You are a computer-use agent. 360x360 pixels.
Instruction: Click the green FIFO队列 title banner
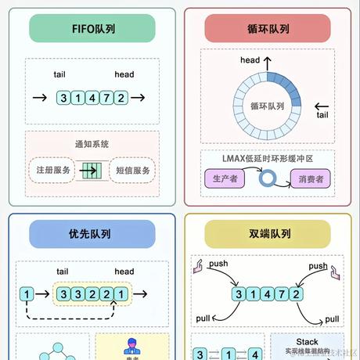click(x=92, y=29)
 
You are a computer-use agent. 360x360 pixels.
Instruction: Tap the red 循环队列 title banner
click(x=268, y=29)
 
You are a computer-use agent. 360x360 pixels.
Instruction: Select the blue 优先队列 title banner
click(x=92, y=233)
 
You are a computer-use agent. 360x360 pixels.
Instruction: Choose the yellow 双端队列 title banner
click(x=268, y=233)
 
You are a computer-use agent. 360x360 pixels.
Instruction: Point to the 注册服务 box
click(x=53, y=169)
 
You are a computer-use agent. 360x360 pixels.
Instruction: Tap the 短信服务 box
click(x=132, y=169)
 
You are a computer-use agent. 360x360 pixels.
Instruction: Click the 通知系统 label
click(x=92, y=145)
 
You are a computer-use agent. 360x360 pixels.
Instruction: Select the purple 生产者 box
click(x=225, y=178)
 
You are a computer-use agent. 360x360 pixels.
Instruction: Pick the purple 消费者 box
click(x=310, y=178)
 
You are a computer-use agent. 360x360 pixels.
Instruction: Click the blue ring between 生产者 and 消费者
click(x=268, y=178)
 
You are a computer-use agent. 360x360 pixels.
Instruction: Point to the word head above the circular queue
click(x=250, y=60)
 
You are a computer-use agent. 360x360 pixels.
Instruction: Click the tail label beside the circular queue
click(x=322, y=115)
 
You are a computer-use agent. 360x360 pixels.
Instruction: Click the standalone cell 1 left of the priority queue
click(x=27, y=295)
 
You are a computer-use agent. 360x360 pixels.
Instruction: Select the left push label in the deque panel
click(x=218, y=265)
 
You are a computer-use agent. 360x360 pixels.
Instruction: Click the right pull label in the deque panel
click(x=332, y=319)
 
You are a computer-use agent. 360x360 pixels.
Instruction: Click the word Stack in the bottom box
click(x=307, y=342)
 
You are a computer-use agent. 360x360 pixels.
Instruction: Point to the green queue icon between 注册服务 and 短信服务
click(x=92, y=169)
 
